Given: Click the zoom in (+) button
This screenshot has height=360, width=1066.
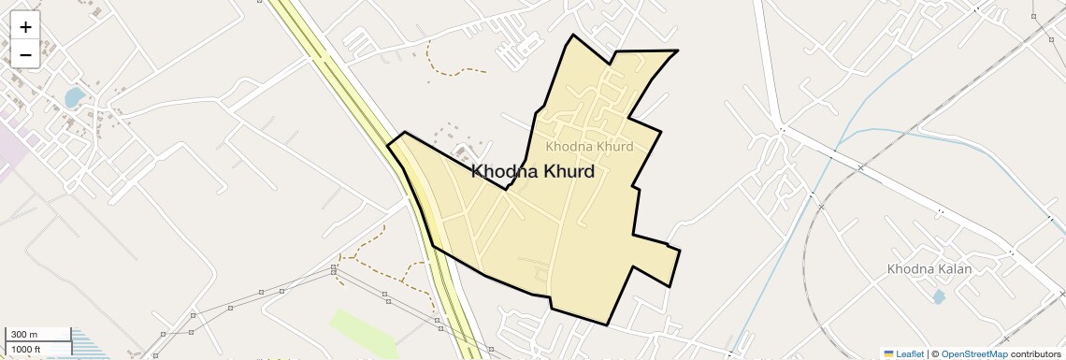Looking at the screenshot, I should [x=25, y=27].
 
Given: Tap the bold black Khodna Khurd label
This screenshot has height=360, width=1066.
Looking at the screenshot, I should [x=533, y=172].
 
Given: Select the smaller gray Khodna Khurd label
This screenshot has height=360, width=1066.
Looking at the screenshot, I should [x=589, y=147].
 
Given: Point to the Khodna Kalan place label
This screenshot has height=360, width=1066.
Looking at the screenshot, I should [x=929, y=269].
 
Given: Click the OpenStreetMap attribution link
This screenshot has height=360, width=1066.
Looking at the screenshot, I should [x=973, y=353].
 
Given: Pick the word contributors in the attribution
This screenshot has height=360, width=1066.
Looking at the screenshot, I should [x=1035, y=353].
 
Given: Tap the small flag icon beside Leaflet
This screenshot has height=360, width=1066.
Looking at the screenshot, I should [x=888, y=353].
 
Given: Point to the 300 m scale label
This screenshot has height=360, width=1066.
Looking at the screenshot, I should [x=23, y=335].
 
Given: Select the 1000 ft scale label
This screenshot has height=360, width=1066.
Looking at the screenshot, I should [x=26, y=349].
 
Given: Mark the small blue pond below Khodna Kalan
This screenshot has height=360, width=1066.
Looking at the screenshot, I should [x=937, y=295].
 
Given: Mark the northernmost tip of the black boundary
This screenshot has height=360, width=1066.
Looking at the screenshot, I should [x=572, y=36].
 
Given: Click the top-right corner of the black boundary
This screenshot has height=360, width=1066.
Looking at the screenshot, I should [x=677, y=50].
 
